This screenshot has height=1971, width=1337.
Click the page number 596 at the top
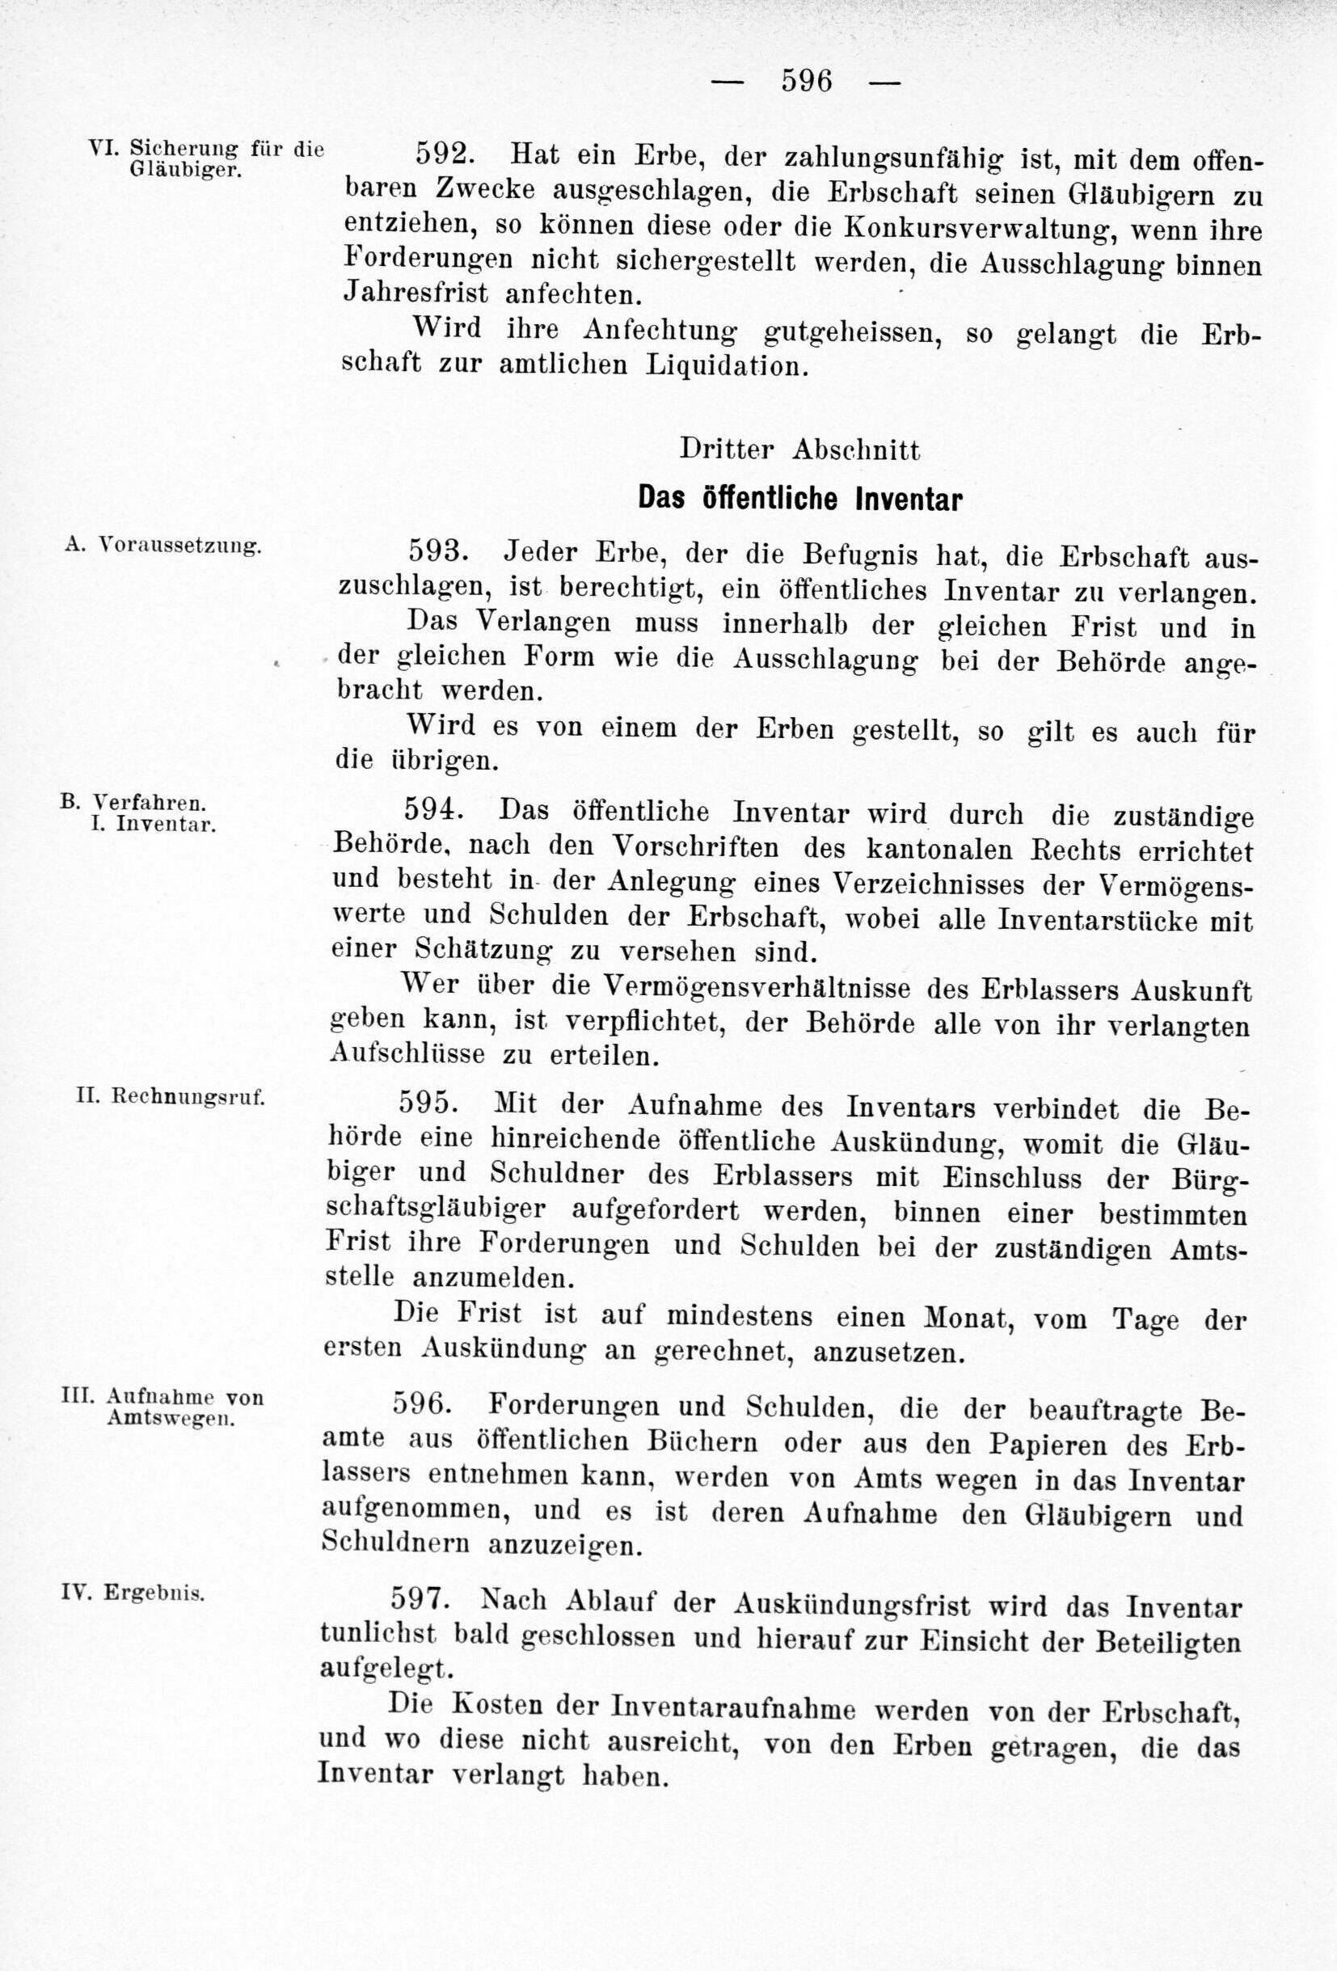click(x=805, y=81)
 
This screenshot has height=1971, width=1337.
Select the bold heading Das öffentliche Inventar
click(x=799, y=499)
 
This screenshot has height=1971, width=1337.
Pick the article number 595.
click(x=429, y=1104)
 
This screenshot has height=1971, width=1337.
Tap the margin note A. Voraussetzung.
click(x=162, y=546)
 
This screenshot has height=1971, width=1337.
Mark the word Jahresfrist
click(x=416, y=293)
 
